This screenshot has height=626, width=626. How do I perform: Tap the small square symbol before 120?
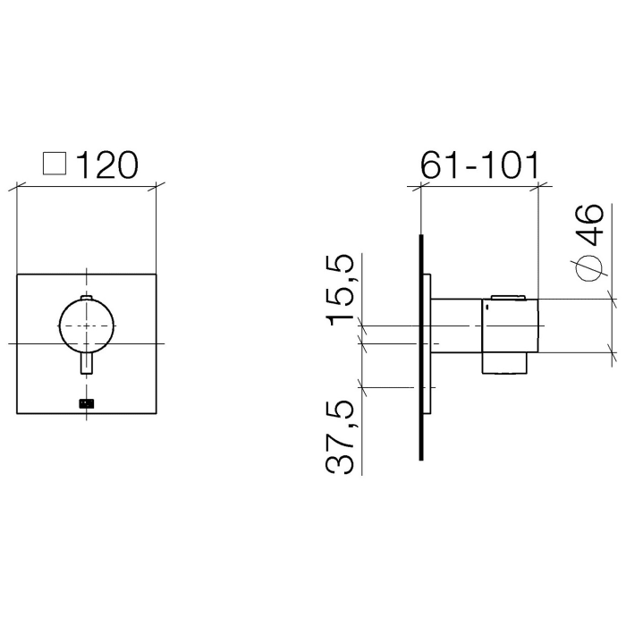point(55,164)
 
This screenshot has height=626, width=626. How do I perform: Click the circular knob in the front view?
point(86,326)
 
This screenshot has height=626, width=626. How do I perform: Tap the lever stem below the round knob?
point(86,366)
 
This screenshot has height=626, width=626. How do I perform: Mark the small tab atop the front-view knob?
point(86,296)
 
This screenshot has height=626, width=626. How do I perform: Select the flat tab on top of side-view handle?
point(508,297)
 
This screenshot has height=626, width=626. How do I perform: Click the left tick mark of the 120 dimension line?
point(18,186)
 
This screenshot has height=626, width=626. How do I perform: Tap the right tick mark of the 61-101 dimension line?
point(537,186)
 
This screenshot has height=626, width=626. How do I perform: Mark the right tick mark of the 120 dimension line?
point(156,186)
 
